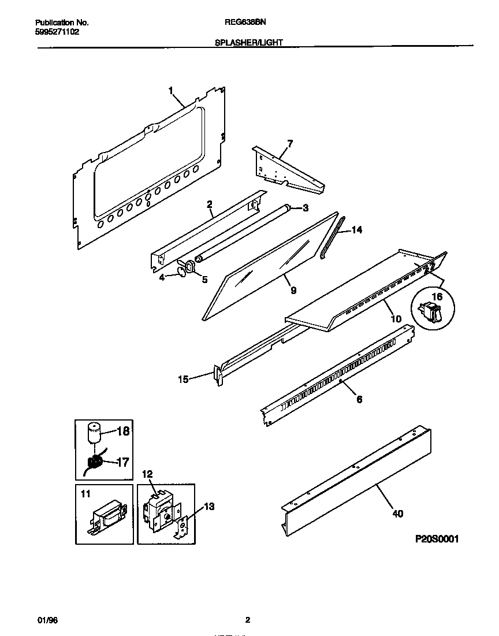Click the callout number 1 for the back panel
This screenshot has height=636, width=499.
[x=171, y=90]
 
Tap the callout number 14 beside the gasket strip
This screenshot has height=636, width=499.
[x=356, y=230]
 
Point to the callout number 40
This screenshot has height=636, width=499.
[x=397, y=514]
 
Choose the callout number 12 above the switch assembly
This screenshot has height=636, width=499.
[x=147, y=474]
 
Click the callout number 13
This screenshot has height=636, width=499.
[x=209, y=507]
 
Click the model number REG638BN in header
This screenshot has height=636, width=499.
[x=244, y=23]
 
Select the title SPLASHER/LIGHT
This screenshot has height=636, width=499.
[x=248, y=43]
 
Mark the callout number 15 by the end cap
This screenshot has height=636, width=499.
[x=183, y=379]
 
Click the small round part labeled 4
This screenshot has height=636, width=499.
[x=182, y=269]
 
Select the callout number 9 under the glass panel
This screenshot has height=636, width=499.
[x=293, y=291]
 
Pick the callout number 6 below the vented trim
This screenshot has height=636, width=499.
[x=359, y=399]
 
